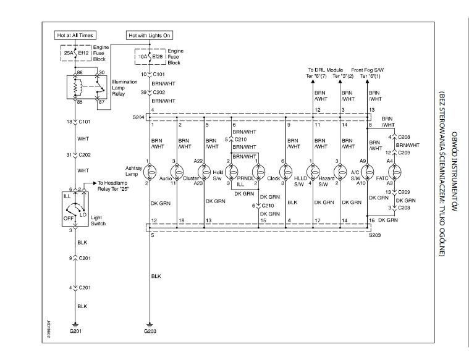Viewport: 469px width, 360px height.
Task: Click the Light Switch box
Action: pos(76,210)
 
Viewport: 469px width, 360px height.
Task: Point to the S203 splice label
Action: pos(375,235)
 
